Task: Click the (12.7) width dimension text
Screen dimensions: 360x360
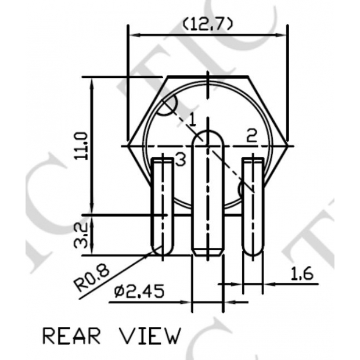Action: click(x=208, y=24)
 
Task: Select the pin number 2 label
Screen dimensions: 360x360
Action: click(x=251, y=136)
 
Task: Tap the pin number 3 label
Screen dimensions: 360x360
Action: click(x=180, y=159)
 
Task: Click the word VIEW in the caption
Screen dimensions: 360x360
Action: click(x=150, y=336)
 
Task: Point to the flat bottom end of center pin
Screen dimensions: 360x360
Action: click(x=207, y=255)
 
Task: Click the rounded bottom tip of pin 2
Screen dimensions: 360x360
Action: click(x=253, y=253)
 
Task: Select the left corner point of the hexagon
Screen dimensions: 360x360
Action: click(x=129, y=144)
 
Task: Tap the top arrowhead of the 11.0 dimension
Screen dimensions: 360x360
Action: click(x=92, y=78)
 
